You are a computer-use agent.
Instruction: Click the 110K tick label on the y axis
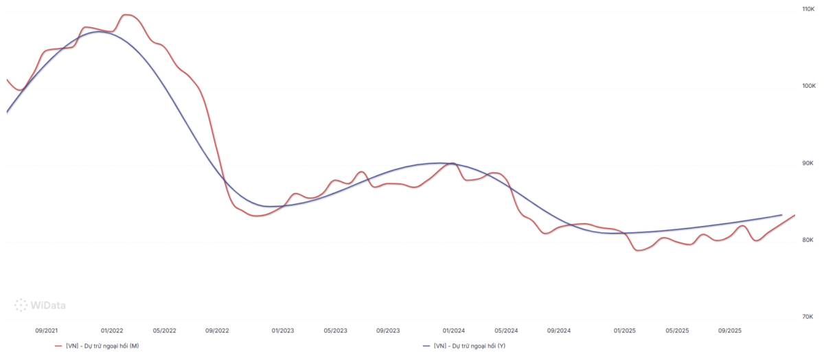point(809,9)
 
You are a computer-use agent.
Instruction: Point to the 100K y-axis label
point(809,86)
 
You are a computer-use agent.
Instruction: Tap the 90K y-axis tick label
point(808,163)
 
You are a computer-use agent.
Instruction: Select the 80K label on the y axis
point(808,240)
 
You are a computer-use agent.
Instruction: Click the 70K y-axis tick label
point(808,317)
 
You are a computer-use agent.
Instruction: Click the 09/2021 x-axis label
point(47,330)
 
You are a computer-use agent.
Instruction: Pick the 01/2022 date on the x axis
point(112,330)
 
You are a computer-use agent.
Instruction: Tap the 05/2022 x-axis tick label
point(164,330)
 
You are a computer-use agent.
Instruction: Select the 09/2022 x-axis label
point(217,330)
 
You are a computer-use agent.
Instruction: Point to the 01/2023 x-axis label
point(283,330)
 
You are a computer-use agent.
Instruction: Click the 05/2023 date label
point(336,330)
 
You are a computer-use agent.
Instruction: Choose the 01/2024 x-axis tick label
point(454,330)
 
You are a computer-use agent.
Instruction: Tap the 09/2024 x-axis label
point(559,330)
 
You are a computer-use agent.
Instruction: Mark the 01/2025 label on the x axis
point(625,330)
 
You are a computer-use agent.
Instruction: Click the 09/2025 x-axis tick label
point(730,330)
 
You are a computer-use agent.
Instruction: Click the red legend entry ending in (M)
point(97,346)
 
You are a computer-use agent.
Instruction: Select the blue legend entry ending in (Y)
point(465,346)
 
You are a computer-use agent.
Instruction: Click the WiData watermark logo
point(40,305)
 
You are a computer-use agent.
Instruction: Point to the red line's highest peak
point(126,14)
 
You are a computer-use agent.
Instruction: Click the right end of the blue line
point(781,215)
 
